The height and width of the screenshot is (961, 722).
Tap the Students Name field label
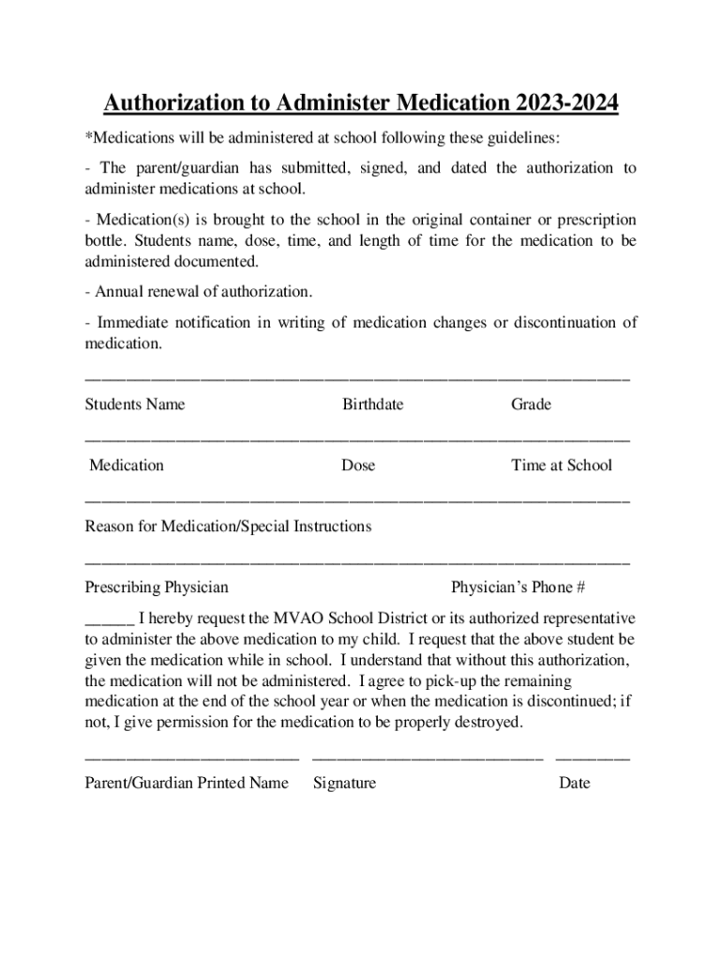[135, 404]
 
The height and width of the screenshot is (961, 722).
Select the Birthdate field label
[372, 404]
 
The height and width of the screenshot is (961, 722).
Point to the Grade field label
[531, 404]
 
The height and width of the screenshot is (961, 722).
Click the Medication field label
[127, 465]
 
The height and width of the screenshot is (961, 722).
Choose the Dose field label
[358, 465]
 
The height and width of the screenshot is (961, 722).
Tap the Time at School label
[561, 465]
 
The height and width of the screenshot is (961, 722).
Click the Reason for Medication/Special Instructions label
[228, 526]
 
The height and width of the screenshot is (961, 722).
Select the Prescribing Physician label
[157, 587]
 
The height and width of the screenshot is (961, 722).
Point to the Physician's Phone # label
[518, 587]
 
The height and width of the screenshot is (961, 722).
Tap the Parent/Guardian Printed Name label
[187, 783]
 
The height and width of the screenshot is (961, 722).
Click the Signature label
[344, 783]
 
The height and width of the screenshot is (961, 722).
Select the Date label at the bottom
[574, 783]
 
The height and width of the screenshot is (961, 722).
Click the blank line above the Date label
[593, 757]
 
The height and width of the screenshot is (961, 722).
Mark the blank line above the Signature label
[427, 757]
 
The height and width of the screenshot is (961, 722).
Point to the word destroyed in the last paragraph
[484, 724]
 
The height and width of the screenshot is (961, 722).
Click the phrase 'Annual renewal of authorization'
[202, 291]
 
